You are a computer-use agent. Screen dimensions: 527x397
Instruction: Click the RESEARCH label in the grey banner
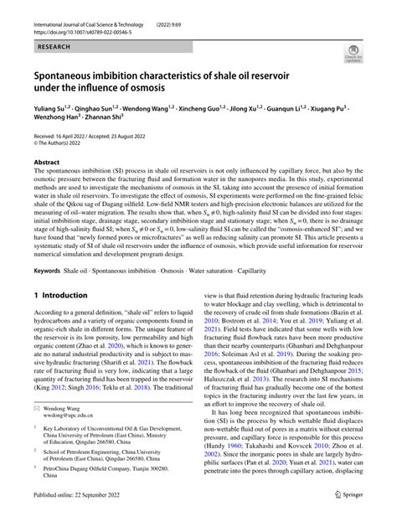[x=47, y=49]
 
